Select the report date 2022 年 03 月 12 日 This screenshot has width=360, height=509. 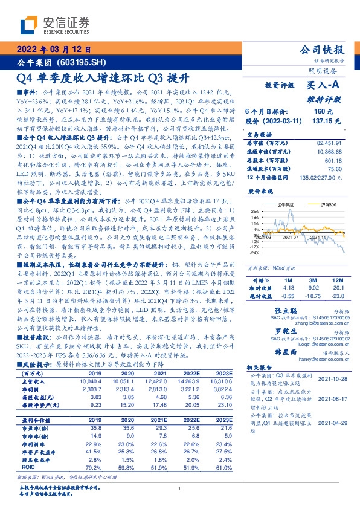tap(53, 51)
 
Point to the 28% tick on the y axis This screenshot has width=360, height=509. tap(255, 211)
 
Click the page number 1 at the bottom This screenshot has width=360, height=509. tap(180, 488)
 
